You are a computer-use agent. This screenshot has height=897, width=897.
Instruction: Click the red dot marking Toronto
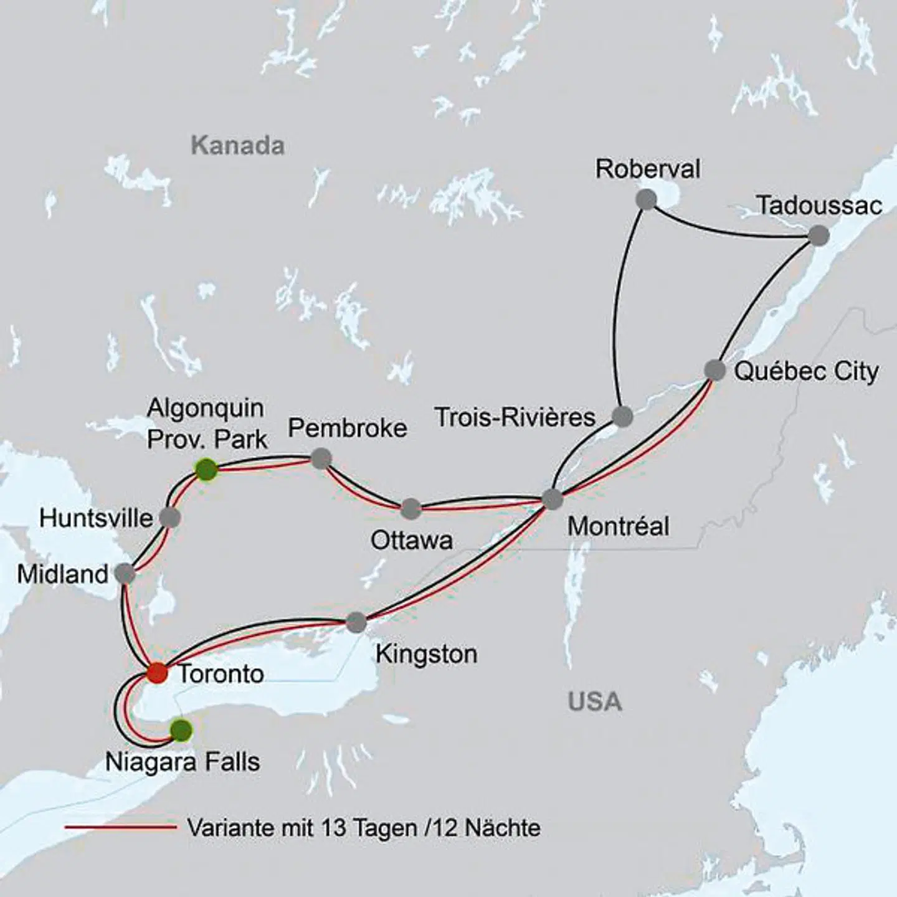tap(157, 673)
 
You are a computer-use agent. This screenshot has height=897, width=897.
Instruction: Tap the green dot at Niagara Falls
tap(181, 730)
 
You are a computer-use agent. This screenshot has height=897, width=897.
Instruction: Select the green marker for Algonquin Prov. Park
tap(206, 469)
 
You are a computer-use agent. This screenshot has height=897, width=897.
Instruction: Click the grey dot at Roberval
tap(647, 200)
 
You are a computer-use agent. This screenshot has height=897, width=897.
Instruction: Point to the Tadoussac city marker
tap(819, 235)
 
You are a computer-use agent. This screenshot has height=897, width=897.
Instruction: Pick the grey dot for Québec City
tap(715, 370)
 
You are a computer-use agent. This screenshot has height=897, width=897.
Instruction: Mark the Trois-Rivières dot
tap(622, 416)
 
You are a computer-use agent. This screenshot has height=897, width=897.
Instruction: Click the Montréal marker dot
tap(553, 499)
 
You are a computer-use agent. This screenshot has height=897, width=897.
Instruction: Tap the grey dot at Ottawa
tap(411, 508)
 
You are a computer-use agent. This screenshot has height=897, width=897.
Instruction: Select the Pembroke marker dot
tap(320, 458)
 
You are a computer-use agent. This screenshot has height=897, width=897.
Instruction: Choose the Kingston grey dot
tap(356, 622)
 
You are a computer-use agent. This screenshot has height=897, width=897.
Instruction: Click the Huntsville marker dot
tap(169, 517)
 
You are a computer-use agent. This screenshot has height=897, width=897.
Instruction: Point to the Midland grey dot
tap(125, 574)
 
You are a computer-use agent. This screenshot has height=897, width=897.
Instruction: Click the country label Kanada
tap(237, 146)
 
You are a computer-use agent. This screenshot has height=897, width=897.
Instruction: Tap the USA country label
tap(595, 702)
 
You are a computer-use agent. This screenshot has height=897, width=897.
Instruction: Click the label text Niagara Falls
tap(183, 762)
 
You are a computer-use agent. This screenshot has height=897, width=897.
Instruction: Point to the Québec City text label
tap(806, 371)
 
